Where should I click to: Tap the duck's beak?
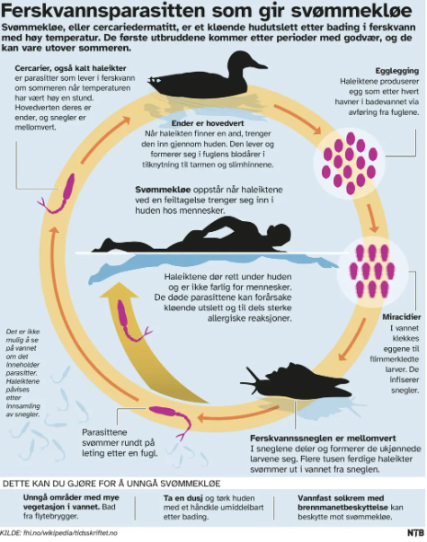pyautogui.click(x=259, y=65)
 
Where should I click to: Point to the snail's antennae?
pyautogui.click(x=253, y=378)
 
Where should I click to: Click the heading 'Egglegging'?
pyautogui.click(x=397, y=71)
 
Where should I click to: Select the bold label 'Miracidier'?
pyautogui.click(x=402, y=317)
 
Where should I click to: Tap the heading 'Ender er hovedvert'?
pyautogui.click(x=208, y=123)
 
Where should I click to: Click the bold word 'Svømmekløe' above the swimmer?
pyautogui.click(x=163, y=190)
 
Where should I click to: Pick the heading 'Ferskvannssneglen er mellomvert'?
pyautogui.click(x=323, y=439)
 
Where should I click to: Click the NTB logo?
pyautogui.click(x=415, y=533)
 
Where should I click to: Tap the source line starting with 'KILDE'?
pyautogui.click(x=58, y=533)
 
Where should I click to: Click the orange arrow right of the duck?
pyautogui.click(x=298, y=119)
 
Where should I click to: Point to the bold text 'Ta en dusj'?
pyautogui.click(x=183, y=498)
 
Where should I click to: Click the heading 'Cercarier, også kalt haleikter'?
pyautogui.click(x=70, y=68)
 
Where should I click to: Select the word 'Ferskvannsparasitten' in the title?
pyautogui.click(x=103, y=11)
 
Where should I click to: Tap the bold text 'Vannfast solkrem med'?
pyautogui.click(x=341, y=498)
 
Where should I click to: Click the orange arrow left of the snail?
pyautogui.click(x=238, y=413)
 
